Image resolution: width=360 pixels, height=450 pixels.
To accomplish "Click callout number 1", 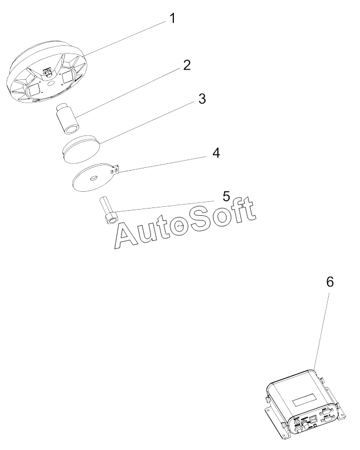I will (x=172, y=18).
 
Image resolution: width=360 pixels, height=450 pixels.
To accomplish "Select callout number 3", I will (x=202, y=99).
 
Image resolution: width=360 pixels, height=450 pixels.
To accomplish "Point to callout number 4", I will (x=215, y=153).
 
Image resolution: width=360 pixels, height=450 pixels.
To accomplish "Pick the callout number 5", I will (x=226, y=196).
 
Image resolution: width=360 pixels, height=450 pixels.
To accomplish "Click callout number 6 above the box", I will (x=330, y=282).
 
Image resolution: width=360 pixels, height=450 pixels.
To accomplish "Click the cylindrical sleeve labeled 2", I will (x=67, y=119).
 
